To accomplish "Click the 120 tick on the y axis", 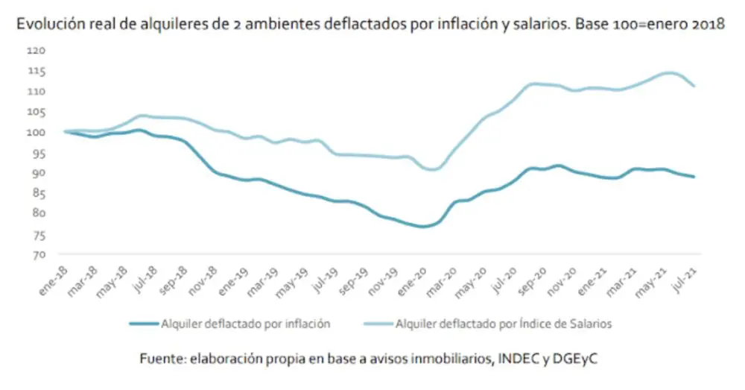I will point(37,51).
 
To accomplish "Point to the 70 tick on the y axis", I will point(37,255).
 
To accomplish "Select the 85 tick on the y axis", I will point(37,194).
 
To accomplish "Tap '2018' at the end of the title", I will point(708,24).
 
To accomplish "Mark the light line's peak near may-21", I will point(668,73).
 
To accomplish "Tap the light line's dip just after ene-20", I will point(433,170).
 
